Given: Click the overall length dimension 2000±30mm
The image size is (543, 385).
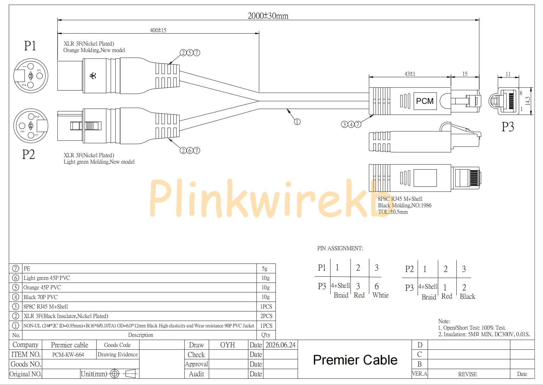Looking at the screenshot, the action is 268,16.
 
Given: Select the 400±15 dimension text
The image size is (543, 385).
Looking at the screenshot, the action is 158,30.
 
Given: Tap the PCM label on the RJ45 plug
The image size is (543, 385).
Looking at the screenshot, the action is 425,101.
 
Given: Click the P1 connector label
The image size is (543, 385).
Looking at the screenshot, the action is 30,46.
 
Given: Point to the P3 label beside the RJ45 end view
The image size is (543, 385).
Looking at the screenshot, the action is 508,127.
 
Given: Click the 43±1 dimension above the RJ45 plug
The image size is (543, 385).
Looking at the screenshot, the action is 410,74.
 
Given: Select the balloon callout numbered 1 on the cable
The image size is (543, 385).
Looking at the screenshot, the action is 297,122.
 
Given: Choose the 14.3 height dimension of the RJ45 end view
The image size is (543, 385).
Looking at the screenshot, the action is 528,101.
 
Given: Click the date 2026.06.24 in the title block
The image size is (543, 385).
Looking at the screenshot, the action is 281,345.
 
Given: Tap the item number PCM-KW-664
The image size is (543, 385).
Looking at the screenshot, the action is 68,355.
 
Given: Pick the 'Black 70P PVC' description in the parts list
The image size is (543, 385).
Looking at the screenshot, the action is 40,297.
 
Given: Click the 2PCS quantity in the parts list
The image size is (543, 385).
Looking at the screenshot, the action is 266,316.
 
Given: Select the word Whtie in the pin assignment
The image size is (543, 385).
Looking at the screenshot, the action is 380,295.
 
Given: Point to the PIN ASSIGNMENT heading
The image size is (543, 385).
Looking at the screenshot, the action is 340,248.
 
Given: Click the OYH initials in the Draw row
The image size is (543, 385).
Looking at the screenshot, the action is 227,345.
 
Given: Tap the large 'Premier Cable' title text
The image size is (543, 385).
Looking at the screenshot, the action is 355,360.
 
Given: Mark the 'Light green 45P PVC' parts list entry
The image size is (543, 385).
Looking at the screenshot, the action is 47,278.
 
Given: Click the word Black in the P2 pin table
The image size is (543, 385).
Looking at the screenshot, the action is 467,296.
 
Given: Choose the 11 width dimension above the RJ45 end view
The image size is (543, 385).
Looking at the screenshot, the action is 508,74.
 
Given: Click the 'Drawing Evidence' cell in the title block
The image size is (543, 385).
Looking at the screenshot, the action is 118,354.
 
